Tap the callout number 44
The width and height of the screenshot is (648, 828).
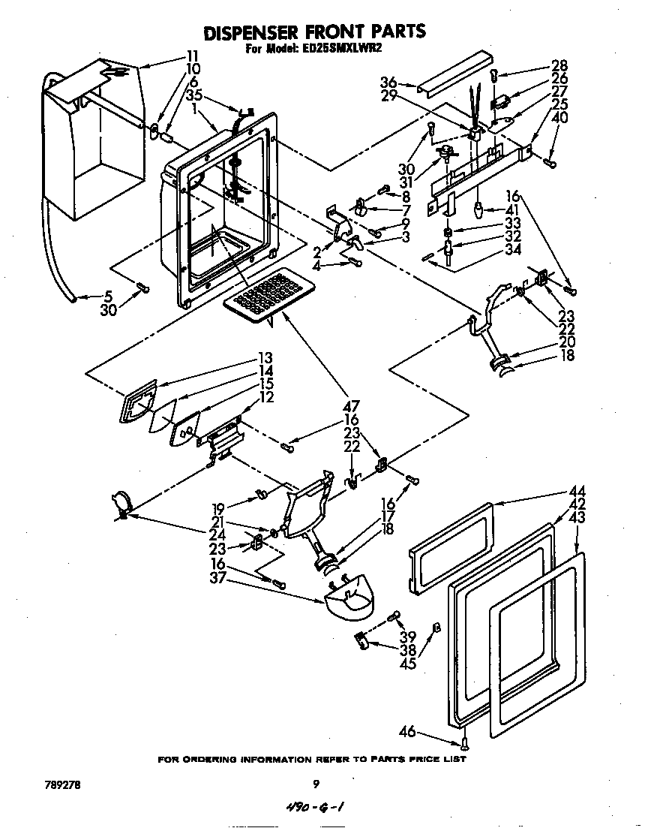pos(577,491)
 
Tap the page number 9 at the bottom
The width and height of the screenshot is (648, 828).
pos(316,784)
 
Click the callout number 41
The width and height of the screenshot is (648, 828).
pos(512,210)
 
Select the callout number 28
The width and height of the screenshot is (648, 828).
pos(559,65)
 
